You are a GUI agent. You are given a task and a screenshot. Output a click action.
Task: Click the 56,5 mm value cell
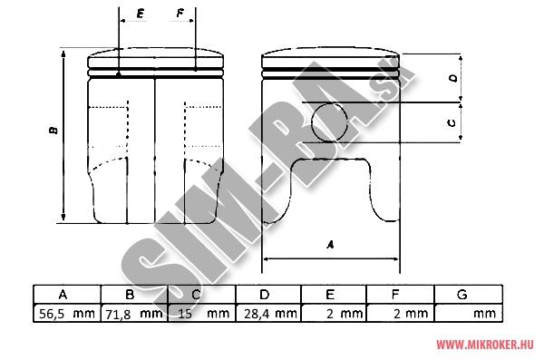click(67, 314)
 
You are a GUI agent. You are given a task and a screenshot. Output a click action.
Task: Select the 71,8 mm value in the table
click(134, 314)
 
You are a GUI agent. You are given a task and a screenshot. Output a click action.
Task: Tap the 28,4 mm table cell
click(270, 314)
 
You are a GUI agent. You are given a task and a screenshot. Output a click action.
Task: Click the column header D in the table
click(265, 295)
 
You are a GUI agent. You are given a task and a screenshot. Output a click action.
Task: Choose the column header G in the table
click(461, 295)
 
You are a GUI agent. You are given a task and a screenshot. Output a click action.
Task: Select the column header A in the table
click(63, 295)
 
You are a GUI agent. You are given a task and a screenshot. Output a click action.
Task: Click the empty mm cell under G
click(469, 314)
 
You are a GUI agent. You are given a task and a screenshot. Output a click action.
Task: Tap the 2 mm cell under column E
click(334, 314)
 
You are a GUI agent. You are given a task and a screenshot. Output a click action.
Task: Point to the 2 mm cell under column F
click(401, 314)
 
